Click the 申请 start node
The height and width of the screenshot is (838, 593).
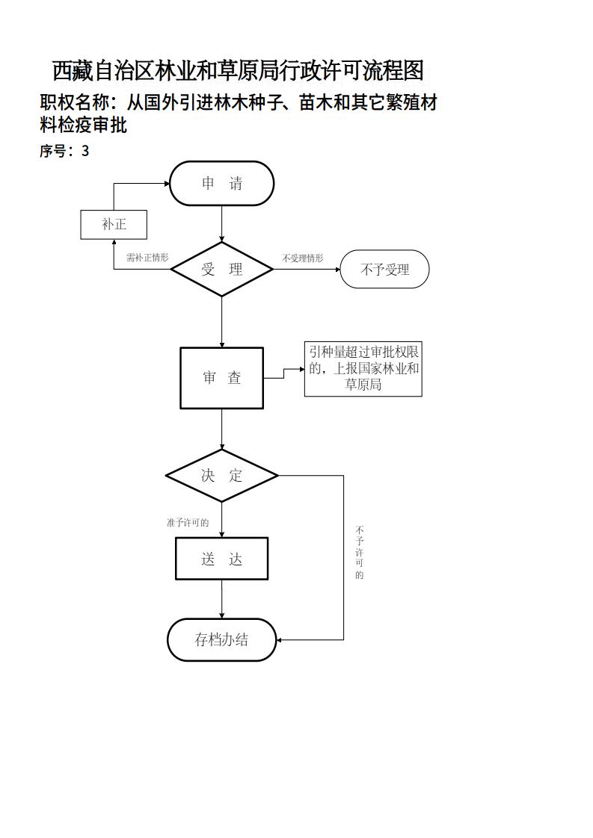(x=222, y=184)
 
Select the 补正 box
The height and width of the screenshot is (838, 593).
(x=114, y=224)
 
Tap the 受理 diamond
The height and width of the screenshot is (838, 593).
(x=222, y=270)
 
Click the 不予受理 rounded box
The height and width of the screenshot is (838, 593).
(x=384, y=270)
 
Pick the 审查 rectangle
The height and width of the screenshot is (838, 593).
(x=222, y=378)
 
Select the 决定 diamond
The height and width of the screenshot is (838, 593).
(x=222, y=476)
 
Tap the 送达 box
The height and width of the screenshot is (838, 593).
(x=222, y=559)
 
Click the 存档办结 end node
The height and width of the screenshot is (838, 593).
(x=222, y=640)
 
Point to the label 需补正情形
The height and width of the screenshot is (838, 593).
(x=147, y=258)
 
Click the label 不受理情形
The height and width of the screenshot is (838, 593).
(x=303, y=258)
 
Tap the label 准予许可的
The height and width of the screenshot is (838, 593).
(x=188, y=523)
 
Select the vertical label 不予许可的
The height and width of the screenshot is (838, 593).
(x=360, y=553)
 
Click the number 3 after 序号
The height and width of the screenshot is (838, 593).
(x=85, y=151)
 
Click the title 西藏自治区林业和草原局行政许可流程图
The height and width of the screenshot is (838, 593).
(x=238, y=71)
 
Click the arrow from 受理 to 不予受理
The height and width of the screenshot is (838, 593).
(x=307, y=270)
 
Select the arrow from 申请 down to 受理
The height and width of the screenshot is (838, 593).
(x=222, y=224)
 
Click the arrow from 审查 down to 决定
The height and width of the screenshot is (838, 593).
(x=222, y=429)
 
